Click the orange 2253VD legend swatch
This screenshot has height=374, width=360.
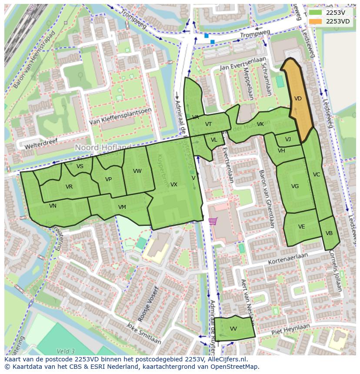click(316, 21)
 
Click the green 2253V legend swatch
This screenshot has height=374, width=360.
click(316, 13)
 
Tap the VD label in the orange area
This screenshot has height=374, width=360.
click(298, 99)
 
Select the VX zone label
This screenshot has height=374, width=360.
click(174, 185)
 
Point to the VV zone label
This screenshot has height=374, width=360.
click(233, 329)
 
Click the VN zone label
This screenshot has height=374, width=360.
click(53, 206)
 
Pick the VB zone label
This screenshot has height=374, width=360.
click(329, 233)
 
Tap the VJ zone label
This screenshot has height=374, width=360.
click(288, 139)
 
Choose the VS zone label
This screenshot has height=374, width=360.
click(80, 166)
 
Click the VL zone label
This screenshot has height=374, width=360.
click(214, 140)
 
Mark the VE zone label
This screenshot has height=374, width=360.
click(301, 227)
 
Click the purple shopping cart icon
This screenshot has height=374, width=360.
click(213, 221)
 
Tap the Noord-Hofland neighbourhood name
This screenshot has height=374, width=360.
click(103, 148)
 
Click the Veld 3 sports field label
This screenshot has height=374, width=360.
click(66, 351)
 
